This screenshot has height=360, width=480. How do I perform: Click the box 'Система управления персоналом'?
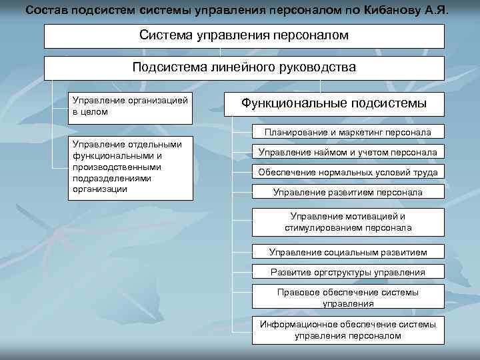[x=244, y=36]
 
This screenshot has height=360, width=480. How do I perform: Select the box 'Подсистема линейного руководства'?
[x=244, y=68]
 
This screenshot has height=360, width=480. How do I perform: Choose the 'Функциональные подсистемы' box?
[x=333, y=103]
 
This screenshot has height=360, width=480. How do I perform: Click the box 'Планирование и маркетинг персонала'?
[x=347, y=132]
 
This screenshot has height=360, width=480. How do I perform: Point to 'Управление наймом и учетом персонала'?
[x=347, y=153]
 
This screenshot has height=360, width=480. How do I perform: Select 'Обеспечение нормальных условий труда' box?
[x=347, y=173]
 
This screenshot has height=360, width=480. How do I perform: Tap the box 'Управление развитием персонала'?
[x=347, y=193]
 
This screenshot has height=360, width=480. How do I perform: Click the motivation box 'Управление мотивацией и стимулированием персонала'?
[x=347, y=222]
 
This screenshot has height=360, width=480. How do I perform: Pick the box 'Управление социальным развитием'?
[x=347, y=253]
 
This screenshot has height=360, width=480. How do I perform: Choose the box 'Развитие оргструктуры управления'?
[x=347, y=272]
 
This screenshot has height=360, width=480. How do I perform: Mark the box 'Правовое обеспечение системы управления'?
[x=347, y=298]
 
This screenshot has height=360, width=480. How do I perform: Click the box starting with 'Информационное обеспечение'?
[x=347, y=329]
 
